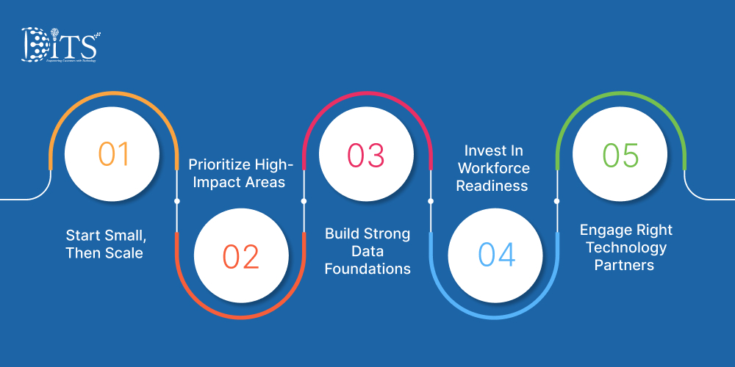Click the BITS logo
(x=60, y=46)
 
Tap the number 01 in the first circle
(x=113, y=154)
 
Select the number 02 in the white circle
(x=241, y=256)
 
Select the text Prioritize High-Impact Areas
(x=241, y=172)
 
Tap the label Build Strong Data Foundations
(x=367, y=251)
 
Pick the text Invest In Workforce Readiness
(x=492, y=168)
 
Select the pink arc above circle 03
(x=366, y=95)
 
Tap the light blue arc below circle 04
(x=493, y=316)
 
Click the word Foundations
(x=367, y=269)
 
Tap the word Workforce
(x=492, y=168)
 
